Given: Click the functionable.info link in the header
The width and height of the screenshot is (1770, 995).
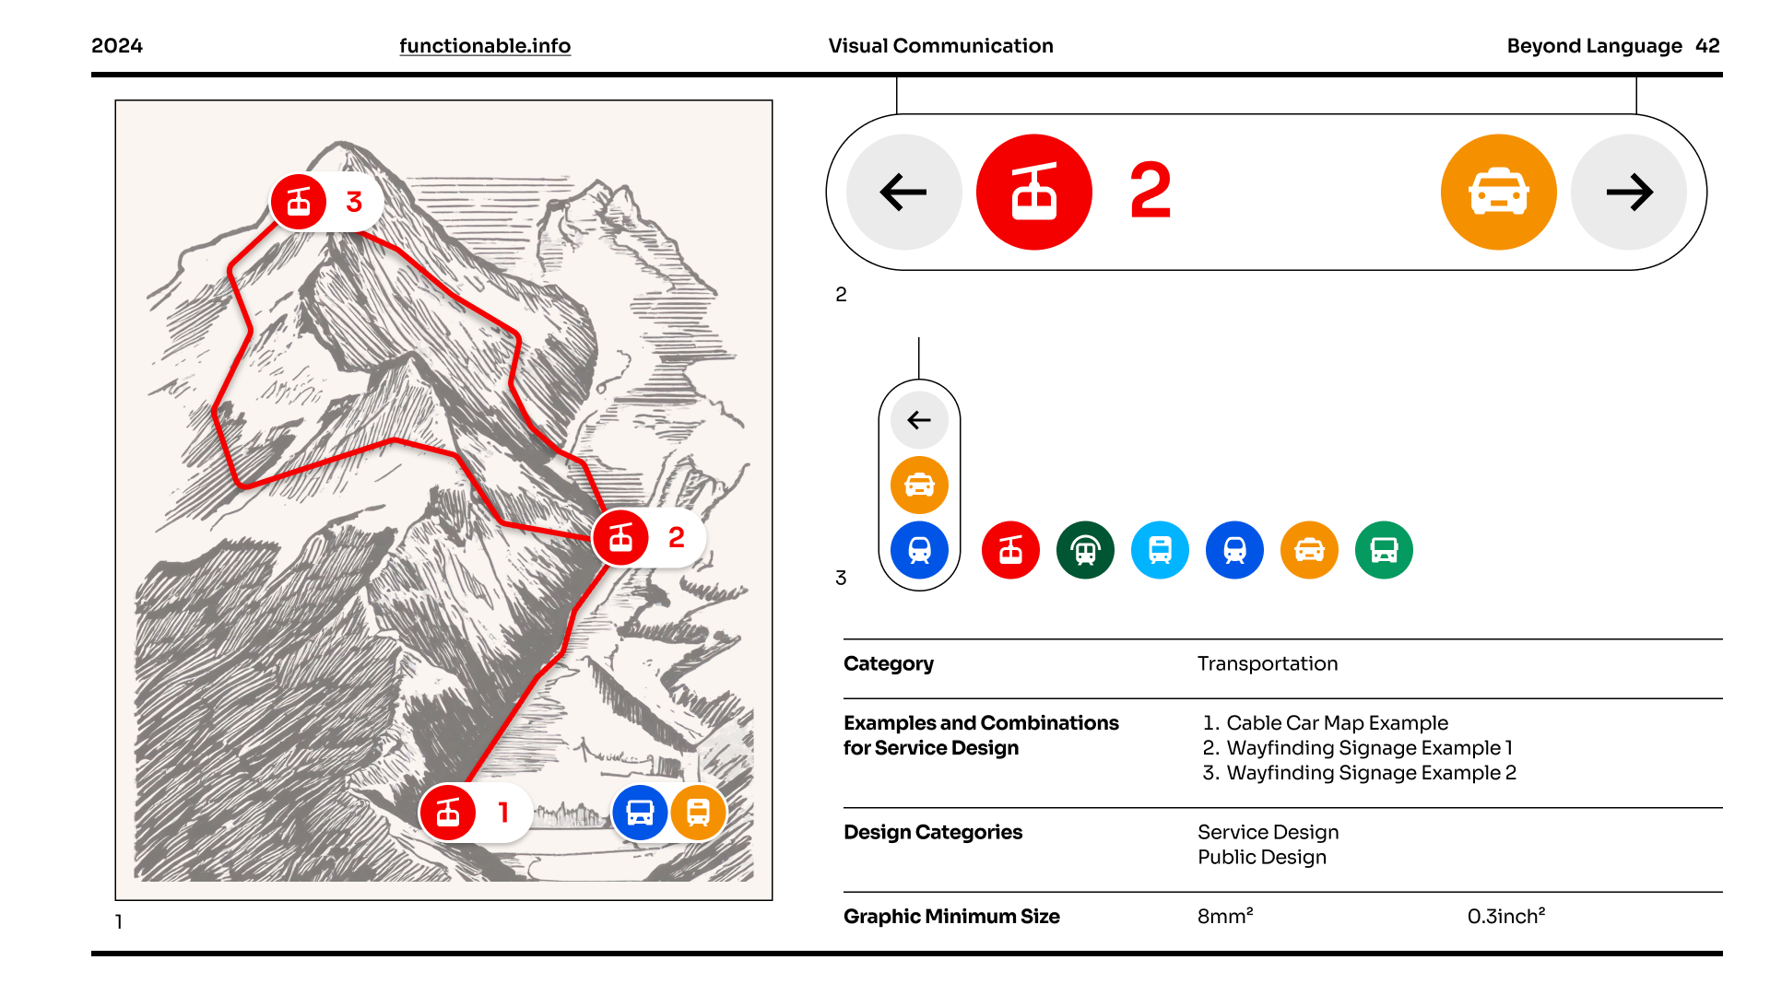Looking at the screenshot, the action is click(485, 46).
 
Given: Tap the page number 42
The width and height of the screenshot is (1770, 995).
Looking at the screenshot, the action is click(1707, 46).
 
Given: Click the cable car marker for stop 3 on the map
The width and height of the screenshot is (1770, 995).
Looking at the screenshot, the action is click(299, 202).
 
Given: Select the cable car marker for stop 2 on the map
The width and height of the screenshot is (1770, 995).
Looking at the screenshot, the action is click(621, 537).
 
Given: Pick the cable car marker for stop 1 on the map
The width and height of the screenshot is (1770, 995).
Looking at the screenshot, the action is click(448, 813).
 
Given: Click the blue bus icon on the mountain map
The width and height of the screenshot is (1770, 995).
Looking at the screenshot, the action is click(640, 813).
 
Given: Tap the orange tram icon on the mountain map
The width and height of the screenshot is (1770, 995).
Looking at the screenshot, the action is click(698, 813).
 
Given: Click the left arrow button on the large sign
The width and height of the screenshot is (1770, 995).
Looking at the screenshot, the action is click(903, 193).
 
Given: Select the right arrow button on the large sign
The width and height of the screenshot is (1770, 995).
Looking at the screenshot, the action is click(1629, 193).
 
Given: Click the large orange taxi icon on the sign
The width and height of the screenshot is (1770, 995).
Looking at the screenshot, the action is click(1499, 193).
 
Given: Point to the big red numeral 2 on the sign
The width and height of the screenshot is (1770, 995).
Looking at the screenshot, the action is click(1150, 191).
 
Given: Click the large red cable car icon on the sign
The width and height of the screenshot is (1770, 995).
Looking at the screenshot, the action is click(1034, 193).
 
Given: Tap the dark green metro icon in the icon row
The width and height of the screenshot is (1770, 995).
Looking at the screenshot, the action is click(1086, 550).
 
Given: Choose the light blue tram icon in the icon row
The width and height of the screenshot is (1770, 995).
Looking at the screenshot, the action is click(1161, 550).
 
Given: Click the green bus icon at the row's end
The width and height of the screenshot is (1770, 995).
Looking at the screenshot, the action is click(1385, 550).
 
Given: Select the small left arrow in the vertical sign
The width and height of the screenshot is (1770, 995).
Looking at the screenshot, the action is click(919, 420).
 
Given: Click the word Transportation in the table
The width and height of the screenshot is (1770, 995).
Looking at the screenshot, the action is click(1268, 663).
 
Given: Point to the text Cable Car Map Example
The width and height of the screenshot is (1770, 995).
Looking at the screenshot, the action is click(1338, 723).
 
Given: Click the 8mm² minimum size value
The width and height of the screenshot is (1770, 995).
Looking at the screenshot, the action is click(1225, 916).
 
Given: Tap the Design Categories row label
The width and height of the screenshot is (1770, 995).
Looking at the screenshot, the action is click(933, 833).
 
